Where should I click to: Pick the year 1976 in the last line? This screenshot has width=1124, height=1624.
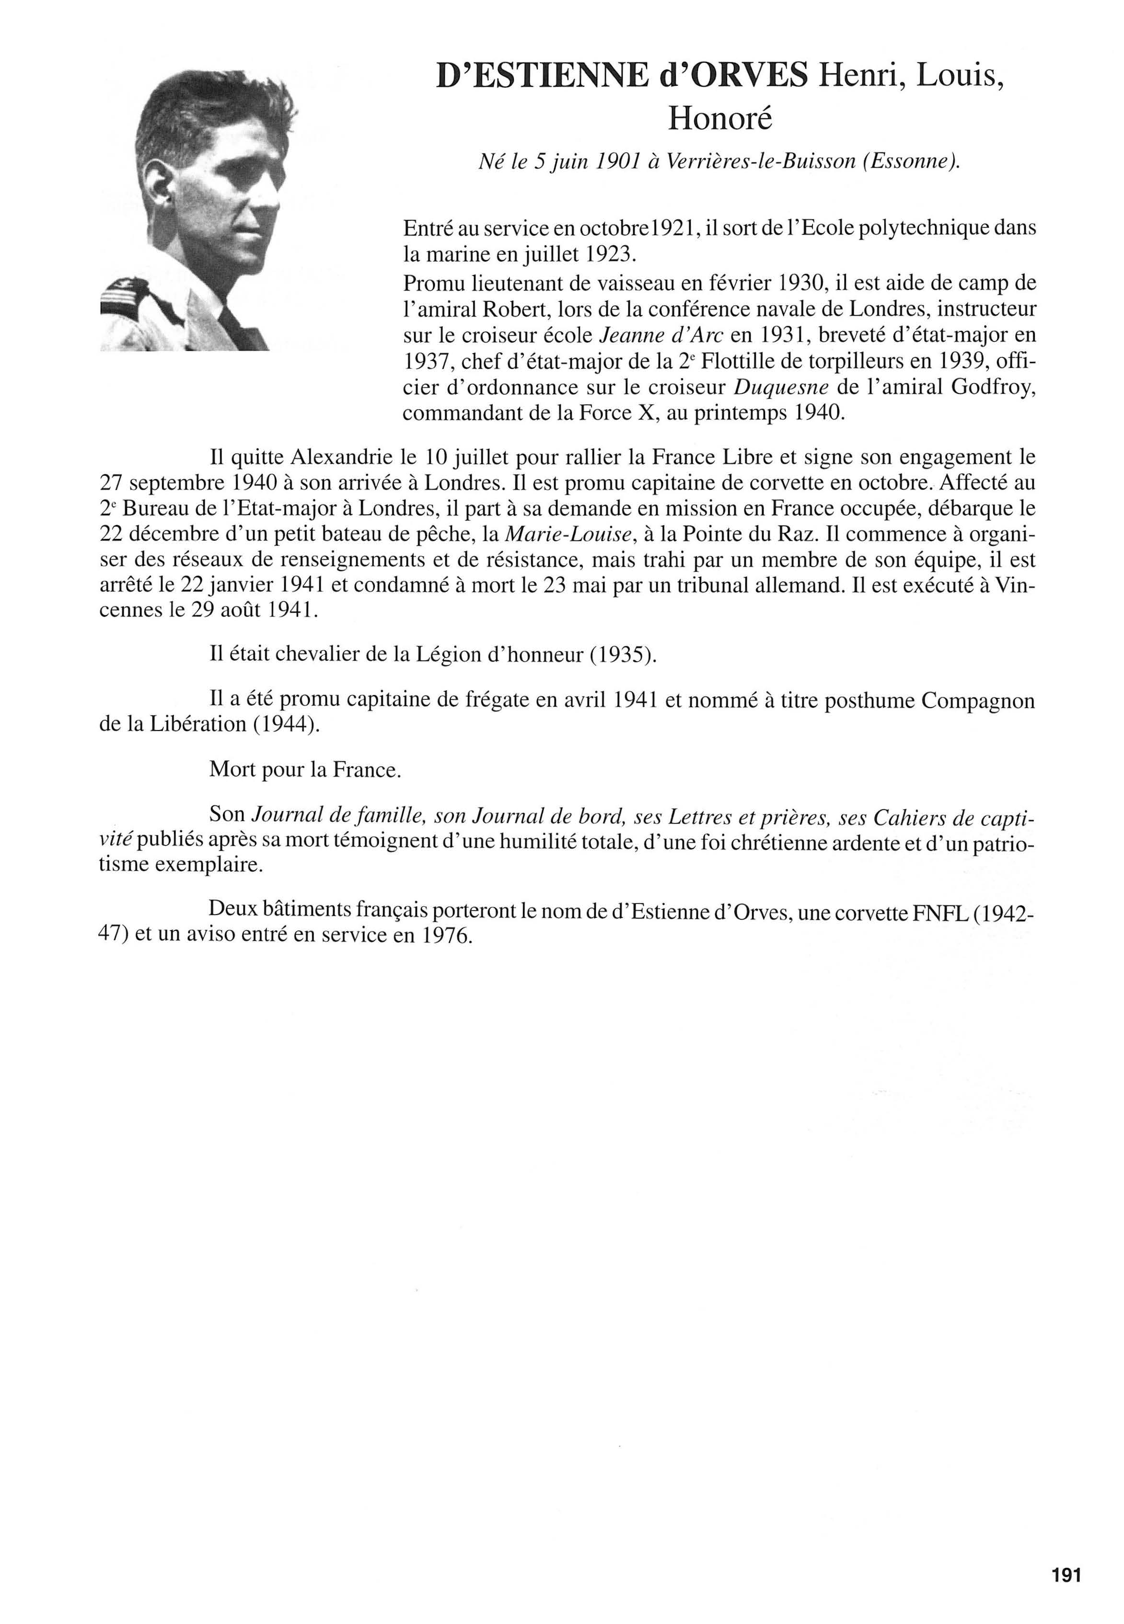coord(444,936)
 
